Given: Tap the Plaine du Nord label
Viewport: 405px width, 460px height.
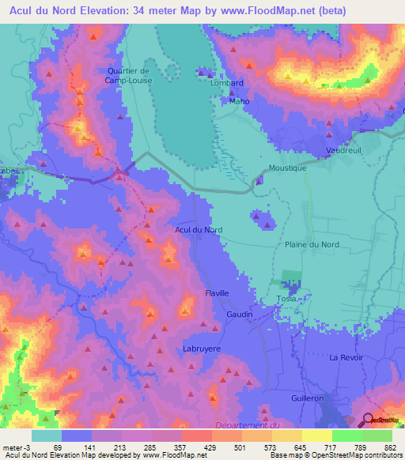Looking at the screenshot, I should coord(312,245).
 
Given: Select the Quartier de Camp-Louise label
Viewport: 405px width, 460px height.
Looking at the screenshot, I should coord(128,75).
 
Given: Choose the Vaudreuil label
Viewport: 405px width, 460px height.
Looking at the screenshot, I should coord(344,150).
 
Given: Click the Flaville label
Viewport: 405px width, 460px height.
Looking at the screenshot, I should coord(217,293).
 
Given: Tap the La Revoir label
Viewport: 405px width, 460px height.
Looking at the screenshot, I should coord(345,357).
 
